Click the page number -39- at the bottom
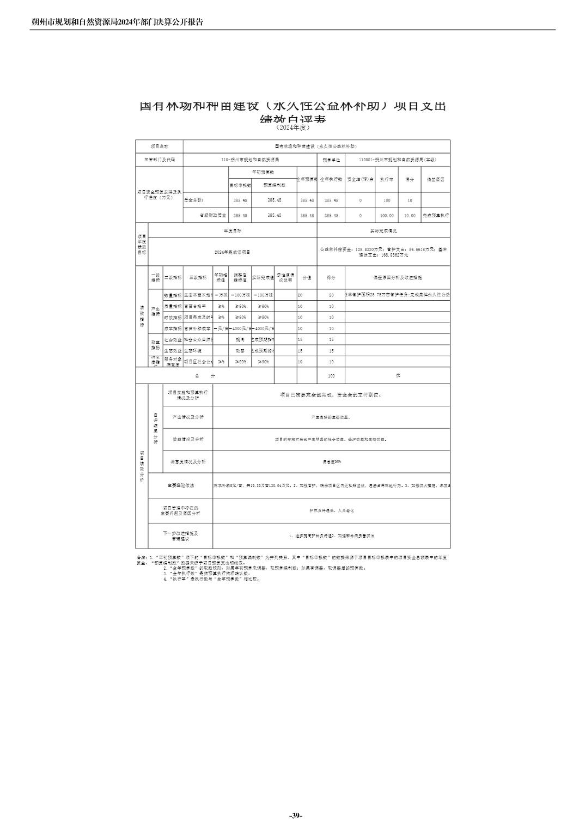coord(295,815)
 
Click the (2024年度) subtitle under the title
coord(292,127)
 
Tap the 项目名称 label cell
coord(159,147)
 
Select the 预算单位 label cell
coord(331,160)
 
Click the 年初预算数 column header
coord(262,172)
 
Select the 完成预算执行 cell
coord(436,216)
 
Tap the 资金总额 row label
coord(194,200)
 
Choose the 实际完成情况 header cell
coord(383,231)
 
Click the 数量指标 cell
coord(173,295)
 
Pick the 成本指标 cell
coord(173,328)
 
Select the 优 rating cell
coord(398,376)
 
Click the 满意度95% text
coord(331,462)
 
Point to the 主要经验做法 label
coord(180,485)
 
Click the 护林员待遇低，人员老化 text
coord(331,511)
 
